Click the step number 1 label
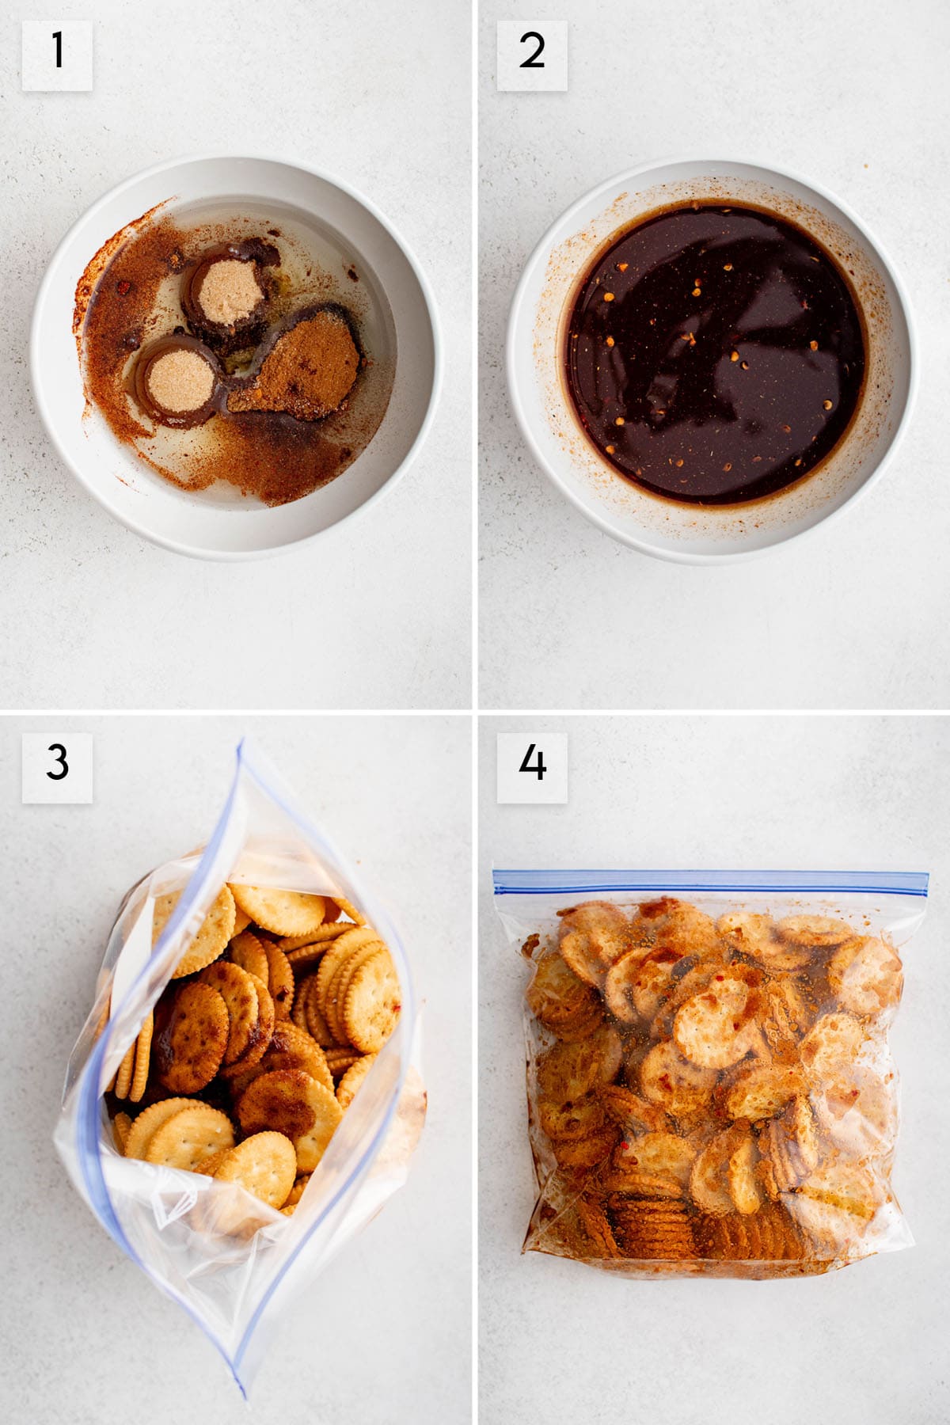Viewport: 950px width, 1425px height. pyautogui.click(x=57, y=54)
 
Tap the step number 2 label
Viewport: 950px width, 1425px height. pyautogui.click(x=531, y=54)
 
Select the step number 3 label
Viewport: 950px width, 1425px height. pyautogui.click(x=57, y=766)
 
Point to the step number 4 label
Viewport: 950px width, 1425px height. pyautogui.click(x=531, y=766)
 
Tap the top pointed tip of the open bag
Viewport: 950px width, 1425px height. pyautogui.click(x=239, y=744)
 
